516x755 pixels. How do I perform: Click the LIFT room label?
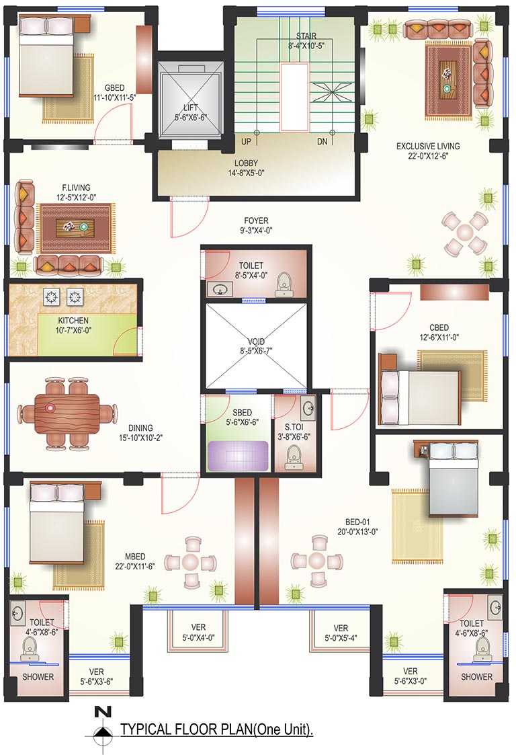pos(190,108)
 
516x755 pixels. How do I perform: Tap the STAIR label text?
pos(306,36)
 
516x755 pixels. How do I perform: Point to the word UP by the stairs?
pos(246,142)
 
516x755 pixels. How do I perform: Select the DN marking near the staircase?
pos(322,142)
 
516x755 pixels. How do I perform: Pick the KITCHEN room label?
pos(73,320)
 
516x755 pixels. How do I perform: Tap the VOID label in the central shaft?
pos(256,342)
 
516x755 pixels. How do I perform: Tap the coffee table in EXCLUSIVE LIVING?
pos(448,79)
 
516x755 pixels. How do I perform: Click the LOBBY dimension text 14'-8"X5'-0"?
pos(247,173)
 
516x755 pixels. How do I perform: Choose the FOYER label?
pos(256,221)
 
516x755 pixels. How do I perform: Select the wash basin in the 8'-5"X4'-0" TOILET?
pos(220,289)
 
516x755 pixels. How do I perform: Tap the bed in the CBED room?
pos(420,397)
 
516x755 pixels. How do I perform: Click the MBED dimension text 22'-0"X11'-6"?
pos(135,567)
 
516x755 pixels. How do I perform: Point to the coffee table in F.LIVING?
pos(75,227)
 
